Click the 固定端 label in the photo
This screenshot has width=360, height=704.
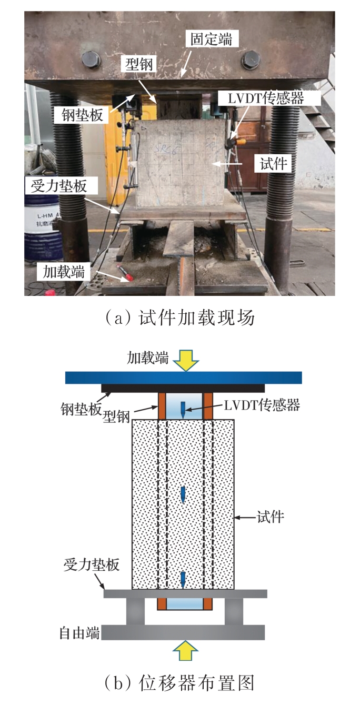click(x=212, y=39)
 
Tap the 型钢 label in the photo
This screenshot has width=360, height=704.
click(x=139, y=64)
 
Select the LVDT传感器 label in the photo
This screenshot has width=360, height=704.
click(x=266, y=98)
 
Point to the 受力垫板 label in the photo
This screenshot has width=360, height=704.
click(x=58, y=186)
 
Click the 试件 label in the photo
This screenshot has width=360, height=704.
click(x=273, y=163)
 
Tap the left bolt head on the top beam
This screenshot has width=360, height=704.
click(x=91, y=60)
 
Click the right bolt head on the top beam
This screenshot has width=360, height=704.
click(x=251, y=60)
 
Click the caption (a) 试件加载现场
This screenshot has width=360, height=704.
click(x=179, y=318)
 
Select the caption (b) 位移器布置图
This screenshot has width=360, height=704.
click(x=179, y=682)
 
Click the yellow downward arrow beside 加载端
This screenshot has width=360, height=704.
click(x=186, y=360)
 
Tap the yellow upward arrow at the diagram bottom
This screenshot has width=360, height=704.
click(x=186, y=650)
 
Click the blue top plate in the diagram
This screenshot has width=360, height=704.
click(x=184, y=378)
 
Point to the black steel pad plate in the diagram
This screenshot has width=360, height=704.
click(x=183, y=388)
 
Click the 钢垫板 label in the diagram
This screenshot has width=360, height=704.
click(x=81, y=409)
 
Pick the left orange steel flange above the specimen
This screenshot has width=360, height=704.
click(x=162, y=406)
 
